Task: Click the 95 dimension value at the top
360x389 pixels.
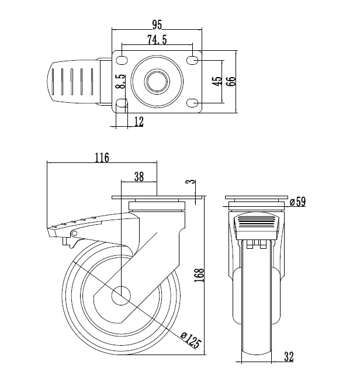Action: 157,25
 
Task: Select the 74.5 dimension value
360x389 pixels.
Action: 157,40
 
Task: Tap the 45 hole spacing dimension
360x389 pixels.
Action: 217,81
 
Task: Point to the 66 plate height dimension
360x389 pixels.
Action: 231,81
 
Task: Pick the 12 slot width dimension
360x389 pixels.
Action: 139,121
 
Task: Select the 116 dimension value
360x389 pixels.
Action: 102,157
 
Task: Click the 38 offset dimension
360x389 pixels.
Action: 139,176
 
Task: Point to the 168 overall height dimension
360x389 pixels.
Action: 199,275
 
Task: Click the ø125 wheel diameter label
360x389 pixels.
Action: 191,339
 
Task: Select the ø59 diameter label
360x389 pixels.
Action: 297,202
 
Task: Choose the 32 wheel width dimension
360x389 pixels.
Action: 289,356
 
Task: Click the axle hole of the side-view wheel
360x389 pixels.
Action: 121,295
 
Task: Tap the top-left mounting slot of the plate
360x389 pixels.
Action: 122,60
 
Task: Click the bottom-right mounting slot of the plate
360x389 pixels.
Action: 192,103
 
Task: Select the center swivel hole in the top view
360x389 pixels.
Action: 157,81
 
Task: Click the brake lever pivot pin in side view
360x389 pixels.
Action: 74,233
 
